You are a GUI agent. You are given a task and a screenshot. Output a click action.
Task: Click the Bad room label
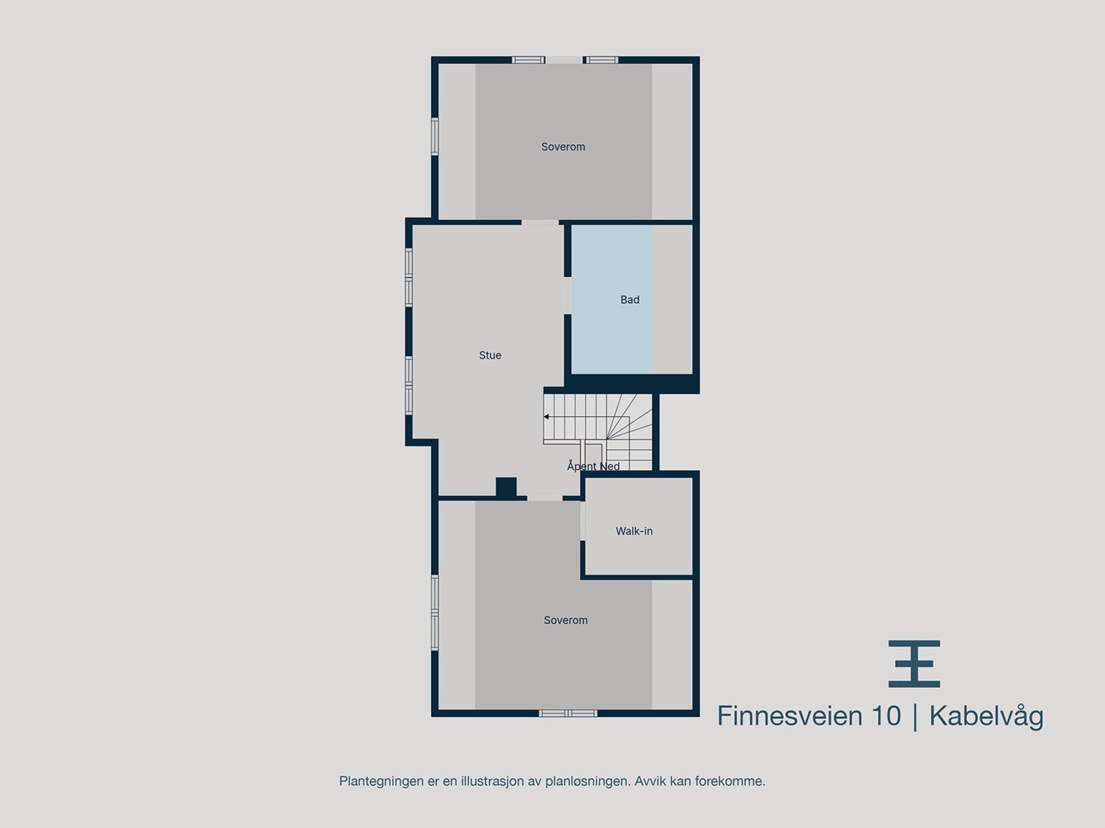coord(629,299)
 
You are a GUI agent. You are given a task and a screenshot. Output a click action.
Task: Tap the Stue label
coord(490,355)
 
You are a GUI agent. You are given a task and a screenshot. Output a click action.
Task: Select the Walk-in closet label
coord(634,531)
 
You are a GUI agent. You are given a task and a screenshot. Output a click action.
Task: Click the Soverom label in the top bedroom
coord(563,146)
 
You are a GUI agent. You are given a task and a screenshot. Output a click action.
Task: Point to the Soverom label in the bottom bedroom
coord(565,620)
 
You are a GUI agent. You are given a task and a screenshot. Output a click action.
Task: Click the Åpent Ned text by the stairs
coord(593,466)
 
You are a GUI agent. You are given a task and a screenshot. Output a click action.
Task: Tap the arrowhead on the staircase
coord(546,417)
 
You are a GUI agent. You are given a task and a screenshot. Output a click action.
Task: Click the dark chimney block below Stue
coord(506,487)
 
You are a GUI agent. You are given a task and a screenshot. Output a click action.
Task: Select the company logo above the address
coord(914,663)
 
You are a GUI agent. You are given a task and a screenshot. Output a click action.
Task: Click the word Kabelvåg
coord(986,716)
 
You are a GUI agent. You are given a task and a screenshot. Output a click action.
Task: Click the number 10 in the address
coord(885,716)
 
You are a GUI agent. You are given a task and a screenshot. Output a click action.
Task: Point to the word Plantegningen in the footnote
coord(381,781)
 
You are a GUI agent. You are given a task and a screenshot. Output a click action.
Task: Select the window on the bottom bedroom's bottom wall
coord(568,713)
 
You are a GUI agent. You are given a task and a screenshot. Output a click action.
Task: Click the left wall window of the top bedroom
coord(435,136)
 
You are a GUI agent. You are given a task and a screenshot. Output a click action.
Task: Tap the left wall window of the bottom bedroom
coord(435,612)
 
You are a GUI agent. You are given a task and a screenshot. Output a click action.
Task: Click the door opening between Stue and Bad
coord(568,295)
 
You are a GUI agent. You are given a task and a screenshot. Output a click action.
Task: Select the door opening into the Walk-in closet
coord(583,521)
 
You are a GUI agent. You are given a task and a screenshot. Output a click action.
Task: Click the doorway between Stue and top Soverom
coord(540,222)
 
